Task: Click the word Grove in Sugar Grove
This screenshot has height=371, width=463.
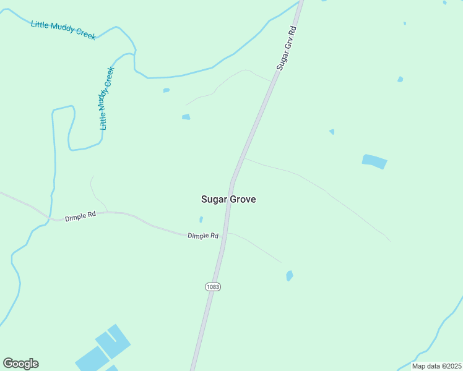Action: point(243,200)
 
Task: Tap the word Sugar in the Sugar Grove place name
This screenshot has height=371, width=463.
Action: point(215,200)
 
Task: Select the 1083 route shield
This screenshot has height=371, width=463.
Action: point(212,287)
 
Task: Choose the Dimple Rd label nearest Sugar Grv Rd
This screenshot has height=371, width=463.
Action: point(203,236)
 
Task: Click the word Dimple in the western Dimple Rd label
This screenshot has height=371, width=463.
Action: point(76,216)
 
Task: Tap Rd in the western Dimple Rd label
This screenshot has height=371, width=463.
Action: point(91,215)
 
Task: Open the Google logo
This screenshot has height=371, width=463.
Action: point(20,364)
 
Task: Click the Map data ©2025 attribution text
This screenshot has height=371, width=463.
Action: point(436,366)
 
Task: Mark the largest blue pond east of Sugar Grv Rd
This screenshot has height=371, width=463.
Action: point(374,161)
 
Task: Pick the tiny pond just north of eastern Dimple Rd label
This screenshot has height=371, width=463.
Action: point(201,219)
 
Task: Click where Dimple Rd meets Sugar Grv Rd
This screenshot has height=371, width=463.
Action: point(226,232)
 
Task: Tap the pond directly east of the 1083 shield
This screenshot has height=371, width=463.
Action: point(289,276)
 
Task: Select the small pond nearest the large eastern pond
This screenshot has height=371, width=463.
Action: point(332,132)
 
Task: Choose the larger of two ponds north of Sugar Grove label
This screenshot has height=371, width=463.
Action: point(186,117)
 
